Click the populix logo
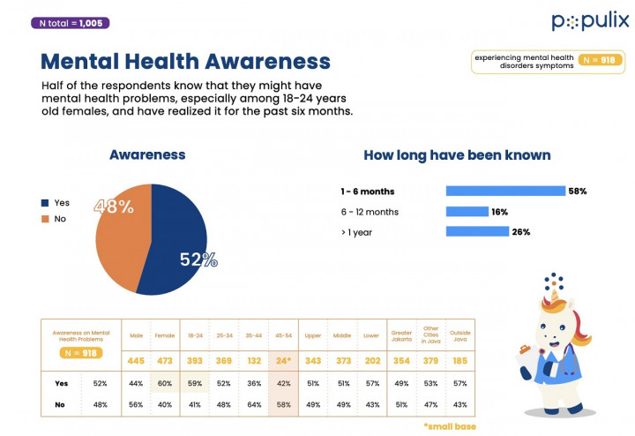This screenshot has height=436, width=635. click(x=590, y=21)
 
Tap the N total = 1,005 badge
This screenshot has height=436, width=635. click(x=70, y=23)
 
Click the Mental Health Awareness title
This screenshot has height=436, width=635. click(x=185, y=62)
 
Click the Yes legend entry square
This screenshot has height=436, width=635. click(x=44, y=202)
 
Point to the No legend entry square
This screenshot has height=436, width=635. click(x=44, y=218)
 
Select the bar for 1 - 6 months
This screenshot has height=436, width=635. click(x=505, y=191)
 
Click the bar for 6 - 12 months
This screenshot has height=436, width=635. click(x=467, y=212)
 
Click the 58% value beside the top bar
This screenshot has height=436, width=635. click(x=577, y=191)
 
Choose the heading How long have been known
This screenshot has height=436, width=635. click(x=457, y=155)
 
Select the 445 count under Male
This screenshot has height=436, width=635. click(x=135, y=360)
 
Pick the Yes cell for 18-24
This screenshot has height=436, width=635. click(x=195, y=384)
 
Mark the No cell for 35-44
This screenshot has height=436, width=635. click(x=254, y=405)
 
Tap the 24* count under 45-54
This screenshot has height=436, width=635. click(x=282, y=360)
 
